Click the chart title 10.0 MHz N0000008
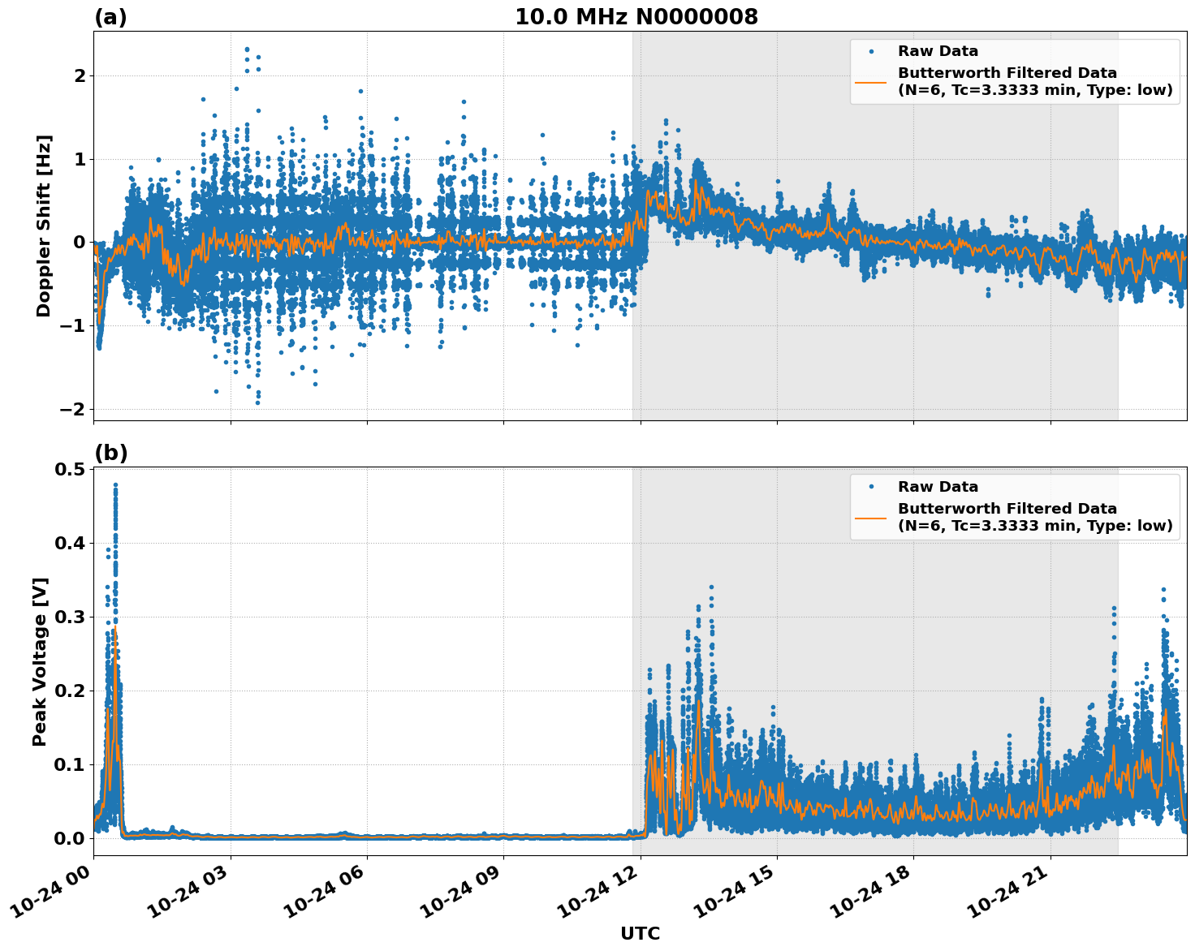point(636,17)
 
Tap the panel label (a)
point(110,17)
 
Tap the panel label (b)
point(110,453)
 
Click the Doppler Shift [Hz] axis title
point(44,226)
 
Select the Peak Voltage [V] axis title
point(41,661)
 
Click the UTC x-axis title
point(640,933)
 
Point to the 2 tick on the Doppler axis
point(80,76)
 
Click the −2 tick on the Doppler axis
point(73,409)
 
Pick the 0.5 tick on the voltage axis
point(70,470)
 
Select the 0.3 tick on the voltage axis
point(70,618)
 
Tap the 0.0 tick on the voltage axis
point(70,838)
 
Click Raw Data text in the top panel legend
point(938,51)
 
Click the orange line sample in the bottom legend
point(871,517)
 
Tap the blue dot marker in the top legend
point(871,51)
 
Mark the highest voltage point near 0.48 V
point(115,485)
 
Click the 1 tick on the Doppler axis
point(80,159)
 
